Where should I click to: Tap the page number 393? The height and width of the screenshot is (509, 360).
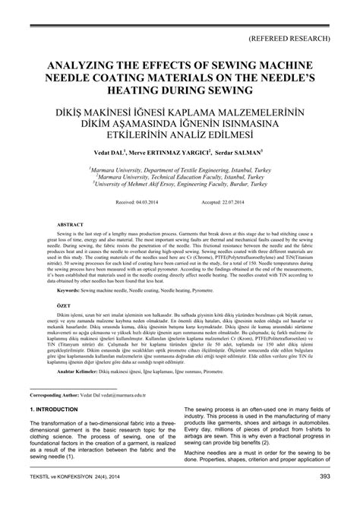coord(324,498)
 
